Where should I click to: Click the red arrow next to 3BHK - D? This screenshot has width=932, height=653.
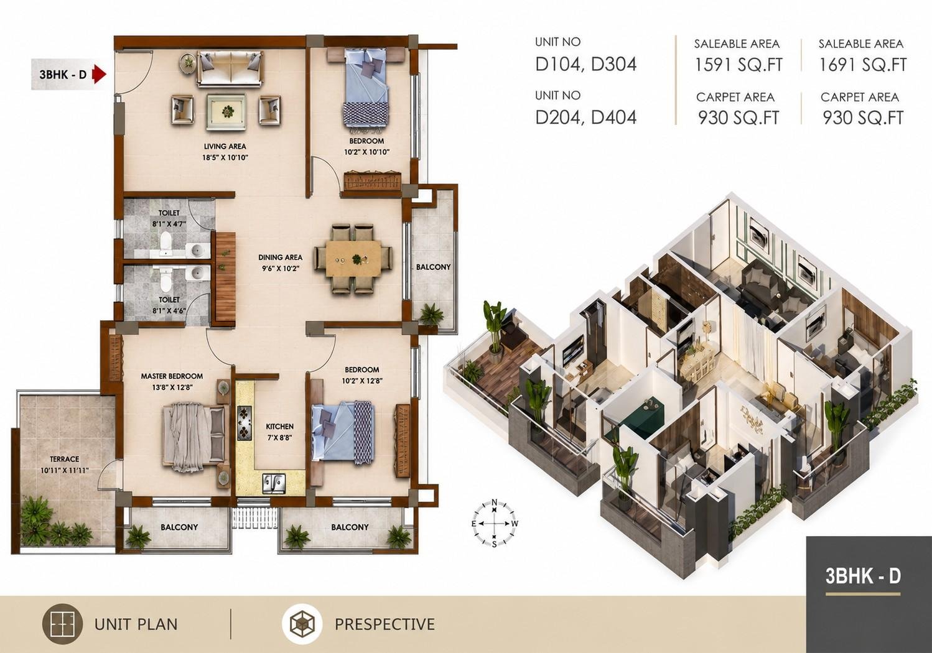coord(99,75)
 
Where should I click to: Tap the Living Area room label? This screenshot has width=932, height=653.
coord(225,146)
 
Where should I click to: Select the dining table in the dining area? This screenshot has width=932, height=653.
coord(353,258)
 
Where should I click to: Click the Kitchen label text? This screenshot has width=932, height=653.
coord(280,427)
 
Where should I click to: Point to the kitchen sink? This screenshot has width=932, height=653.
coord(274,483)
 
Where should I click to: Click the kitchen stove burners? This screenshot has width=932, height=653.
coord(245,422)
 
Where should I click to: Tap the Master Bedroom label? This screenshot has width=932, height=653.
coord(172,376)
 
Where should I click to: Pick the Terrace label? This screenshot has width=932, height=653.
coord(65,459)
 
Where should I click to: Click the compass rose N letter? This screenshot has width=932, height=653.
coord(494,502)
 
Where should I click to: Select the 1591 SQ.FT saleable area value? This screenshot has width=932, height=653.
coord(739,65)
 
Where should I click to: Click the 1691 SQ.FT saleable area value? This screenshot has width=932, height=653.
coord(863,65)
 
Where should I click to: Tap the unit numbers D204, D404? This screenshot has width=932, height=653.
coord(586,118)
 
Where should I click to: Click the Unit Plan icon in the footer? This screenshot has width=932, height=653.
coord(62,624)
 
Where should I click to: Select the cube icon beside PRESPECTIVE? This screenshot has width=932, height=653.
coord(302,624)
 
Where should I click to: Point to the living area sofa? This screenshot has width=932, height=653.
coord(230,69)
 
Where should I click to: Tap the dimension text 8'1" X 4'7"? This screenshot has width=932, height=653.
coord(169,224)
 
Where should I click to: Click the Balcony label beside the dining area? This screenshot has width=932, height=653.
coord(433,267)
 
